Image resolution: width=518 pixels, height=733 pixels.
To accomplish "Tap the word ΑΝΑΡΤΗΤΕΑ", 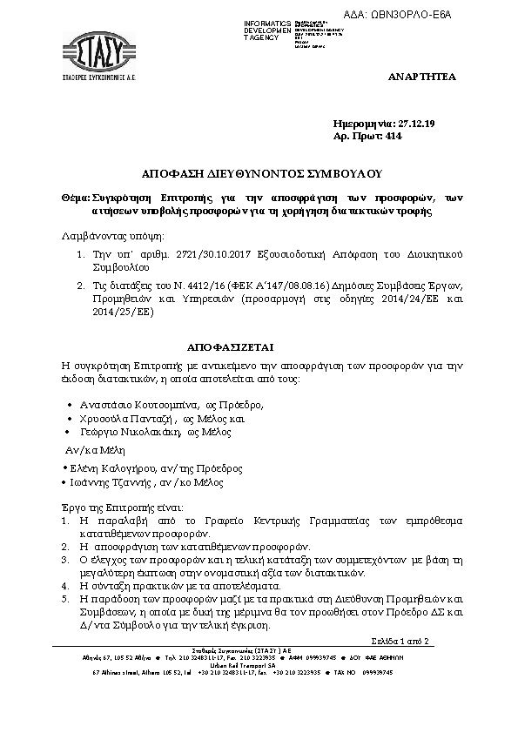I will [421, 77].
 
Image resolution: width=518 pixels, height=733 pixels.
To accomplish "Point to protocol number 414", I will [394, 137].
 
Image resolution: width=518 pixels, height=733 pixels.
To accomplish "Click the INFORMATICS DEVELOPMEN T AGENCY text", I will [265, 28].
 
